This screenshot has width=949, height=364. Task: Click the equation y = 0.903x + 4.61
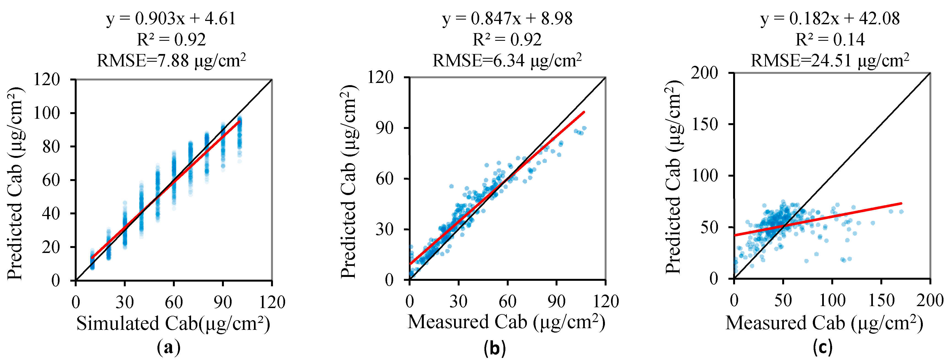(x=171, y=18)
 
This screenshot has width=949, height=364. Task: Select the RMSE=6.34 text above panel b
(x=507, y=60)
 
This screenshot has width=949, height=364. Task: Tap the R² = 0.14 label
(x=830, y=40)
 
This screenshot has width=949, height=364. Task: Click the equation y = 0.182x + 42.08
(x=830, y=18)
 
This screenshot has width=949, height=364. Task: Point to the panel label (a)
(x=168, y=347)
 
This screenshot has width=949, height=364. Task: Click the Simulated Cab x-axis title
(x=173, y=324)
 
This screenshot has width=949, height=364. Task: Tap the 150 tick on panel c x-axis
(x=881, y=301)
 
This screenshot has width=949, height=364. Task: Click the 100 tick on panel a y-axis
(x=47, y=113)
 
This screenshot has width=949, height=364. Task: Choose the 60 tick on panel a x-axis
(x=173, y=302)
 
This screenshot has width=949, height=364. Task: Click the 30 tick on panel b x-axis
(x=458, y=301)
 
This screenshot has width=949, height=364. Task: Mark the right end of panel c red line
(x=901, y=203)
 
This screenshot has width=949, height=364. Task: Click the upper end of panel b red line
(x=584, y=112)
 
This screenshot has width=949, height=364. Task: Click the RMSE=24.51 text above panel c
(x=830, y=60)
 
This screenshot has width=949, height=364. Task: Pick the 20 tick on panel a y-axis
(x=51, y=247)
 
